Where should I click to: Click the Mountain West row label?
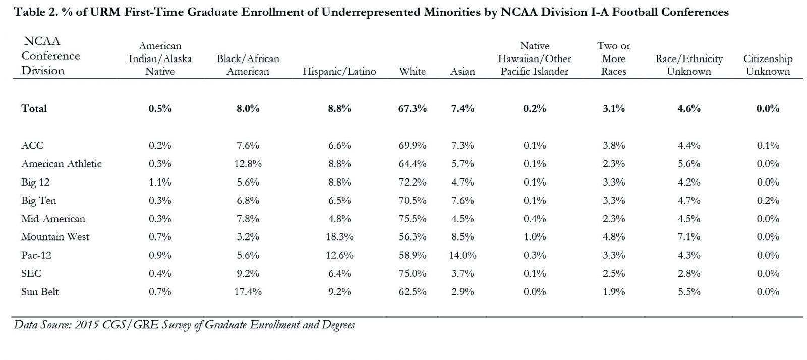click(55, 237)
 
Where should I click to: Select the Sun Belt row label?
click(40, 291)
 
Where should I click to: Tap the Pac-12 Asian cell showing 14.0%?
click(463, 255)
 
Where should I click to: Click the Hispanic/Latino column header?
click(339, 71)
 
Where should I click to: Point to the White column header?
click(412, 71)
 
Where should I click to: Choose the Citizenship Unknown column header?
click(768, 65)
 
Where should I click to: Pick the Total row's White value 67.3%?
click(413, 108)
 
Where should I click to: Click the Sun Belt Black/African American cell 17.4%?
click(248, 291)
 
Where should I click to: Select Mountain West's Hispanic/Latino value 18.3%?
click(339, 237)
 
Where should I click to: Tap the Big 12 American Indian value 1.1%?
click(160, 182)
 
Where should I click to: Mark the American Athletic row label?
click(62, 164)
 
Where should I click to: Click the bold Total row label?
click(34, 108)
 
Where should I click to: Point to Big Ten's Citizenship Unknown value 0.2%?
click(768, 201)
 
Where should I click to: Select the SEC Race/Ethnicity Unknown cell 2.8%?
click(689, 274)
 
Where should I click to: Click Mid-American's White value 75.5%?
click(413, 219)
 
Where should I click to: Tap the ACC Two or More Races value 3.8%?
click(613, 145)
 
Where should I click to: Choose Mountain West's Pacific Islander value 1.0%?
click(535, 237)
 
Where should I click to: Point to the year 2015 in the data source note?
click(87, 325)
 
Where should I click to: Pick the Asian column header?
click(463, 71)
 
